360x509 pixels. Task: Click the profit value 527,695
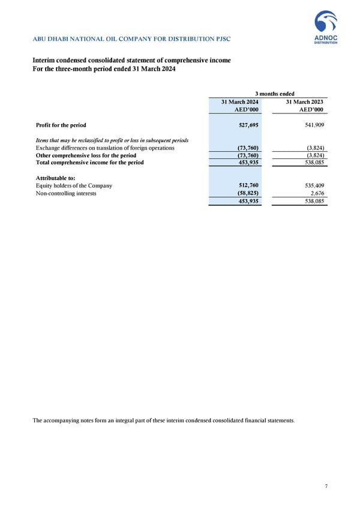point(247,125)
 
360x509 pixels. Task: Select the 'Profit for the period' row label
point(61,125)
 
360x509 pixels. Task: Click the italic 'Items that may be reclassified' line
point(112,140)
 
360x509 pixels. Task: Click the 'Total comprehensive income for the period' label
point(90,162)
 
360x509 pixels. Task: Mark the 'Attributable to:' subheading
point(55,178)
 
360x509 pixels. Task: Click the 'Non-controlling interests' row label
point(65,193)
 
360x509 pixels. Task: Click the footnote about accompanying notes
point(163,420)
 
